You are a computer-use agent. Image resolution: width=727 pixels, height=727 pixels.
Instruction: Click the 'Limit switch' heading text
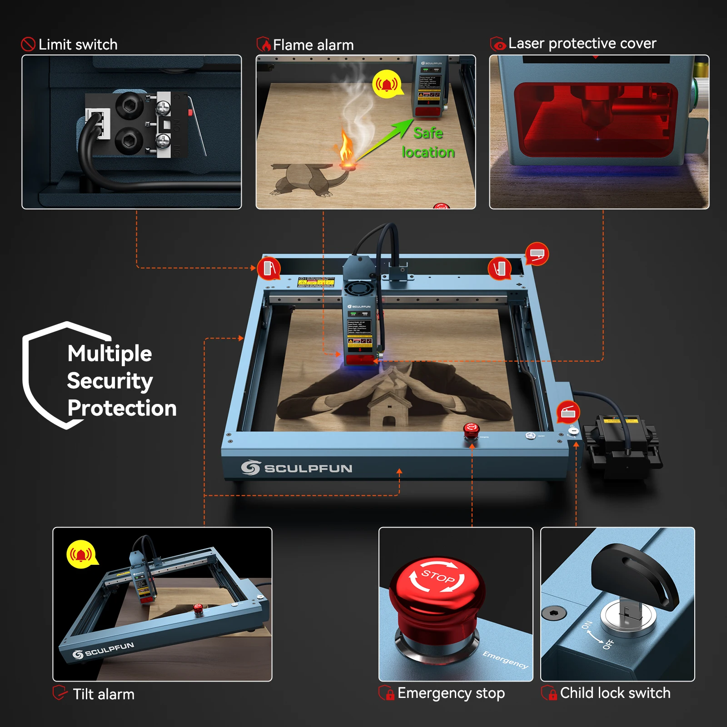78,45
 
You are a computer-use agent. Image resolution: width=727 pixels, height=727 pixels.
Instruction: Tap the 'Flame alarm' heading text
313,45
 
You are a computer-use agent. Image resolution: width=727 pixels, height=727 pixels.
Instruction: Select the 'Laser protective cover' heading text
582,43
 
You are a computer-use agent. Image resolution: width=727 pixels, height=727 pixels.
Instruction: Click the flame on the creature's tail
347,148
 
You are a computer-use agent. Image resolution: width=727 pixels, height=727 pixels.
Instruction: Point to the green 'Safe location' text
428,142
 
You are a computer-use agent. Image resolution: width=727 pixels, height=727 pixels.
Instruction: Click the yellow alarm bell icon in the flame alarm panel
387,84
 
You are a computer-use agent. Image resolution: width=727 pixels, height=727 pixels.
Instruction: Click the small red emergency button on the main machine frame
471,429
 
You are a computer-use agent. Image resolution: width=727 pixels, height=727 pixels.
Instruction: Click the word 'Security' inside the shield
110,381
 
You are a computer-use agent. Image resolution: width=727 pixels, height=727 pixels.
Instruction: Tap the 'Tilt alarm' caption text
104,694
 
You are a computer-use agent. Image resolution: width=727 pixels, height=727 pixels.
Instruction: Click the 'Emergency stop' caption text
451,693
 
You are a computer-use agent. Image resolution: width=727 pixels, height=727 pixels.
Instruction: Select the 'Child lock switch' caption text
615,693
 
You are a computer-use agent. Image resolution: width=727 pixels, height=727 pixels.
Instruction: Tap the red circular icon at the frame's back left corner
269,268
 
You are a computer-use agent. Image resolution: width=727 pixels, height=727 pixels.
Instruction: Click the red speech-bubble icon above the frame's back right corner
537,254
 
